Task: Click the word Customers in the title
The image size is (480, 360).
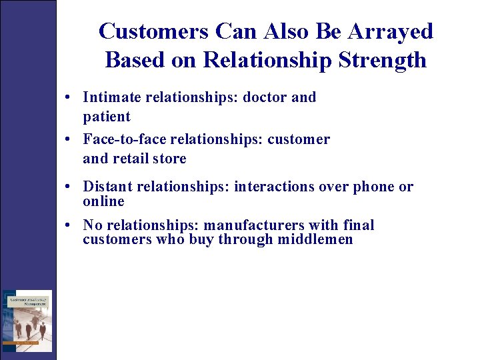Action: pos(153,31)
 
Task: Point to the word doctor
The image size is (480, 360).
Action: pos(265,97)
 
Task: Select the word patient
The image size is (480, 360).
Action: pos(107,117)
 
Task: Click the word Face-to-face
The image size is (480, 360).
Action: pos(125,139)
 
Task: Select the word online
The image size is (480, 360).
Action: pos(103,201)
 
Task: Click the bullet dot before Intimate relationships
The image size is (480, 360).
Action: pos(69,98)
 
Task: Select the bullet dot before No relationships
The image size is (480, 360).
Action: pos(69,226)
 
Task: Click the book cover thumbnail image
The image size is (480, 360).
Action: pos(27,321)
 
